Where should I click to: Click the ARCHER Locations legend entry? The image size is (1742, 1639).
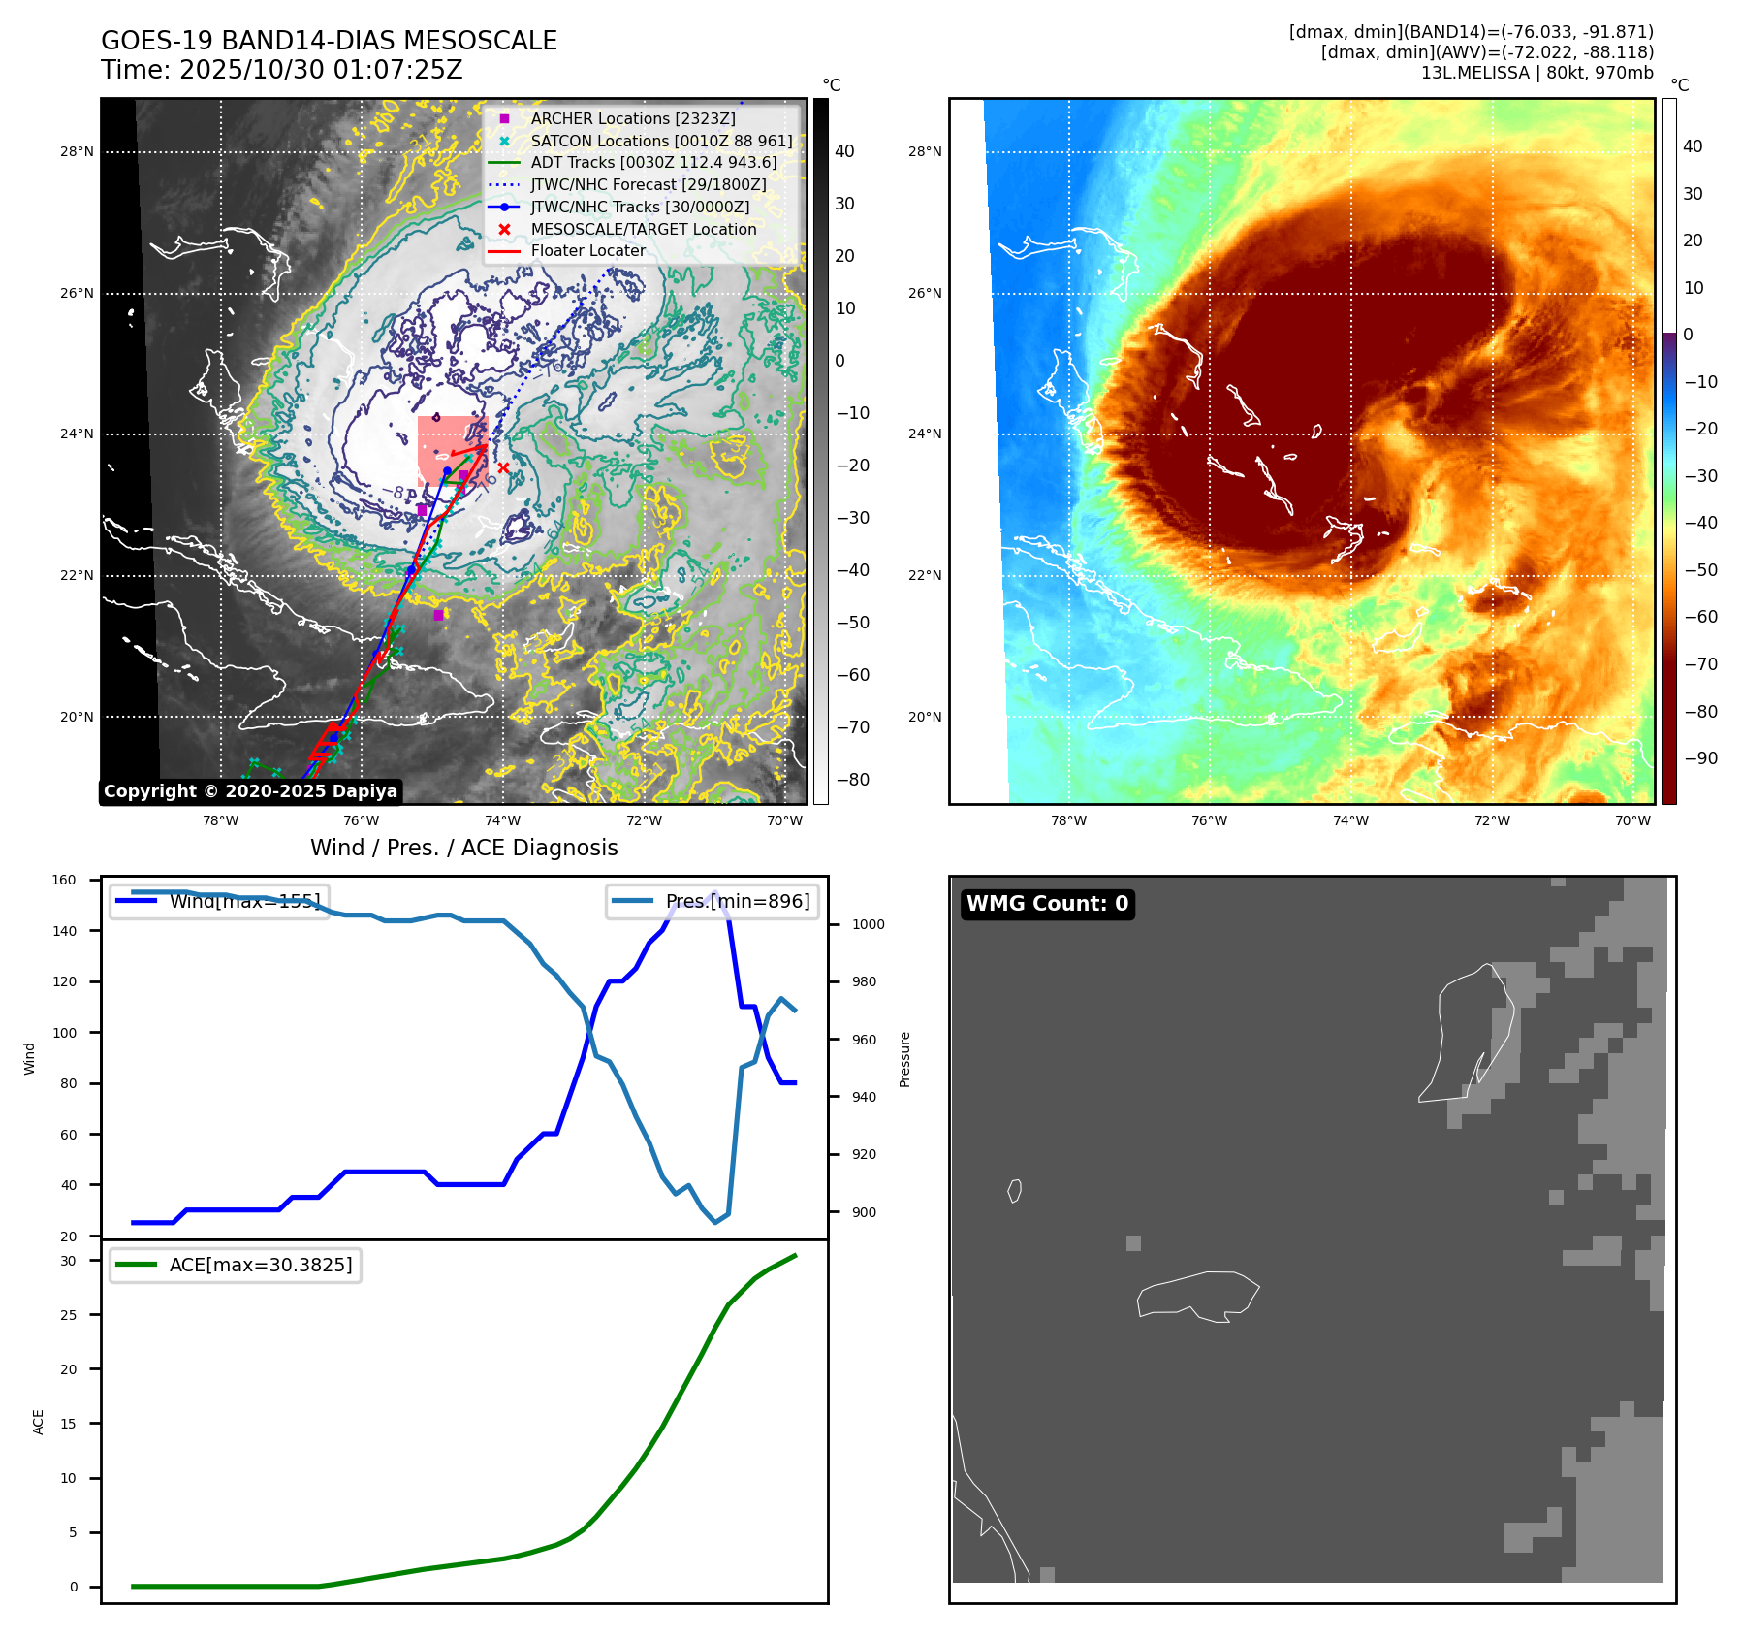tap(632, 118)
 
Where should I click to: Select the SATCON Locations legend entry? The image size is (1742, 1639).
tap(661, 141)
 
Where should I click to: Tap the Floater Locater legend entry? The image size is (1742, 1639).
tap(587, 250)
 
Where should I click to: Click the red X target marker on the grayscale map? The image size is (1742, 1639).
tap(503, 468)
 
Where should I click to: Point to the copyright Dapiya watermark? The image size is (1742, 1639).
tap(250, 791)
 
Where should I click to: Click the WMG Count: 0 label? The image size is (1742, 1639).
tap(1047, 904)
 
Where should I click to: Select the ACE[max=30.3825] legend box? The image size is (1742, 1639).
tap(236, 1265)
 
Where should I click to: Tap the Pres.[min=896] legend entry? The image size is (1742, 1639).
tap(713, 901)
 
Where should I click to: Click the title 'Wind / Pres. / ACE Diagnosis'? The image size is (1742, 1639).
tap(463, 848)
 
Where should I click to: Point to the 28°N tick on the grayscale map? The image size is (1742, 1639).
tap(77, 151)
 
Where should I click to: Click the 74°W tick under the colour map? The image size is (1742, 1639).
tap(1350, 820)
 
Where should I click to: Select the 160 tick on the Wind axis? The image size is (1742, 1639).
tap(64, 880)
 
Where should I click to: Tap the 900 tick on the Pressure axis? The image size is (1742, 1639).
tap(864, 1212)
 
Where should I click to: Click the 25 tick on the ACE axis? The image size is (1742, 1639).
tap(68, 1315)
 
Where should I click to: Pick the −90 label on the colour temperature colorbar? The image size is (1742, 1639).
tap(1700, 758)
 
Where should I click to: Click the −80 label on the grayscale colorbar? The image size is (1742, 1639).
tap(853, 780)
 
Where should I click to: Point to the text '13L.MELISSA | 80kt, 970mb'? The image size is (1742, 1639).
tap(1536, 73)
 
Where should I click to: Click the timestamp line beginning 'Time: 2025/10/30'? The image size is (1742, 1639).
tap(281, 70)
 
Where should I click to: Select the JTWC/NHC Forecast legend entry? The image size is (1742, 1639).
tap(648, 184)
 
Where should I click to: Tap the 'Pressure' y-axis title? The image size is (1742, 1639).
tap(904, 1059)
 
